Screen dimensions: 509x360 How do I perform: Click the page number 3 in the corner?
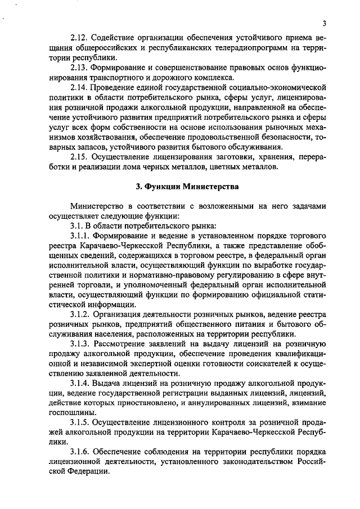325,23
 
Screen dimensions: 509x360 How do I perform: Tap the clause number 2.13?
80,67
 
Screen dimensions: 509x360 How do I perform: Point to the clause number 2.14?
80,88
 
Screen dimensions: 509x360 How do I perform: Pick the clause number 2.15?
80,156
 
